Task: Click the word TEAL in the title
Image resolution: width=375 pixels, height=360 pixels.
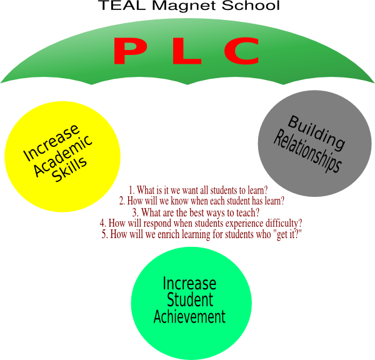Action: [116, 6]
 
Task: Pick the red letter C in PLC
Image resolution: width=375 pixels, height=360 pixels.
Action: [241, 51]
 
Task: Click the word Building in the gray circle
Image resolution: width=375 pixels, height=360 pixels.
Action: [316, 132]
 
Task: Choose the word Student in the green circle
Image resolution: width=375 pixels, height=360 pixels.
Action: [189, 300]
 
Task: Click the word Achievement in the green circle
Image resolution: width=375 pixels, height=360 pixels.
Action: [189, 316]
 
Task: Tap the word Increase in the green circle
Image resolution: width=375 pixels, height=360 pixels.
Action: [189, 284]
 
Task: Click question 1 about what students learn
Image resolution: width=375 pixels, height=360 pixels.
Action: [198, 189]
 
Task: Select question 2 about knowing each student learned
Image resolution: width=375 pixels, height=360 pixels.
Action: [202, 201]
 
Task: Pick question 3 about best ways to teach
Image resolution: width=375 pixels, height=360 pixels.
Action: [196, 212]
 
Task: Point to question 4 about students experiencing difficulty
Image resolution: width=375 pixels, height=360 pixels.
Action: [201, 223]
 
